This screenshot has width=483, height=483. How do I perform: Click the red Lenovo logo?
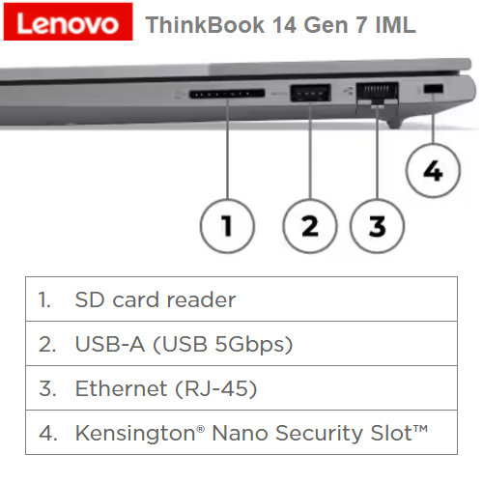click(x=68, y=21)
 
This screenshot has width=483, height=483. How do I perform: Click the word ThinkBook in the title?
click(x=205, y=25)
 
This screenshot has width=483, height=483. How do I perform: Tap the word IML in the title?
click(x=396, y=25)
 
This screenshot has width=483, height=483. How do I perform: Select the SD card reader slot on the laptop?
click(x=227, y=94)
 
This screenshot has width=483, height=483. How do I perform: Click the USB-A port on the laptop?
click(x=310, y=93)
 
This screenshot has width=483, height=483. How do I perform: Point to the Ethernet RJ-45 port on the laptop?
click(x=377, y=94)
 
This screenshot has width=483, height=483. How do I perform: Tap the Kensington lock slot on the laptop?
click(x=433, y=89)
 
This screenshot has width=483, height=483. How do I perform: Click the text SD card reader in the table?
click(x=156, y=299)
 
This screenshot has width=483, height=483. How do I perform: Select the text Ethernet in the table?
click(x=121, y=388)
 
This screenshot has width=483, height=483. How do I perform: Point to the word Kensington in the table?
click(x=135, y=434)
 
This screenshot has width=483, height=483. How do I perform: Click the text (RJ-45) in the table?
click(x=216, y=388)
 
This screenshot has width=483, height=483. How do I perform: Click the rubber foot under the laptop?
click(x=395, y=123)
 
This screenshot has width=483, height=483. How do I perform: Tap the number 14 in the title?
click(x=284, y=25)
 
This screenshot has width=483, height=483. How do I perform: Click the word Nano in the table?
click(x=240, y=433)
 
